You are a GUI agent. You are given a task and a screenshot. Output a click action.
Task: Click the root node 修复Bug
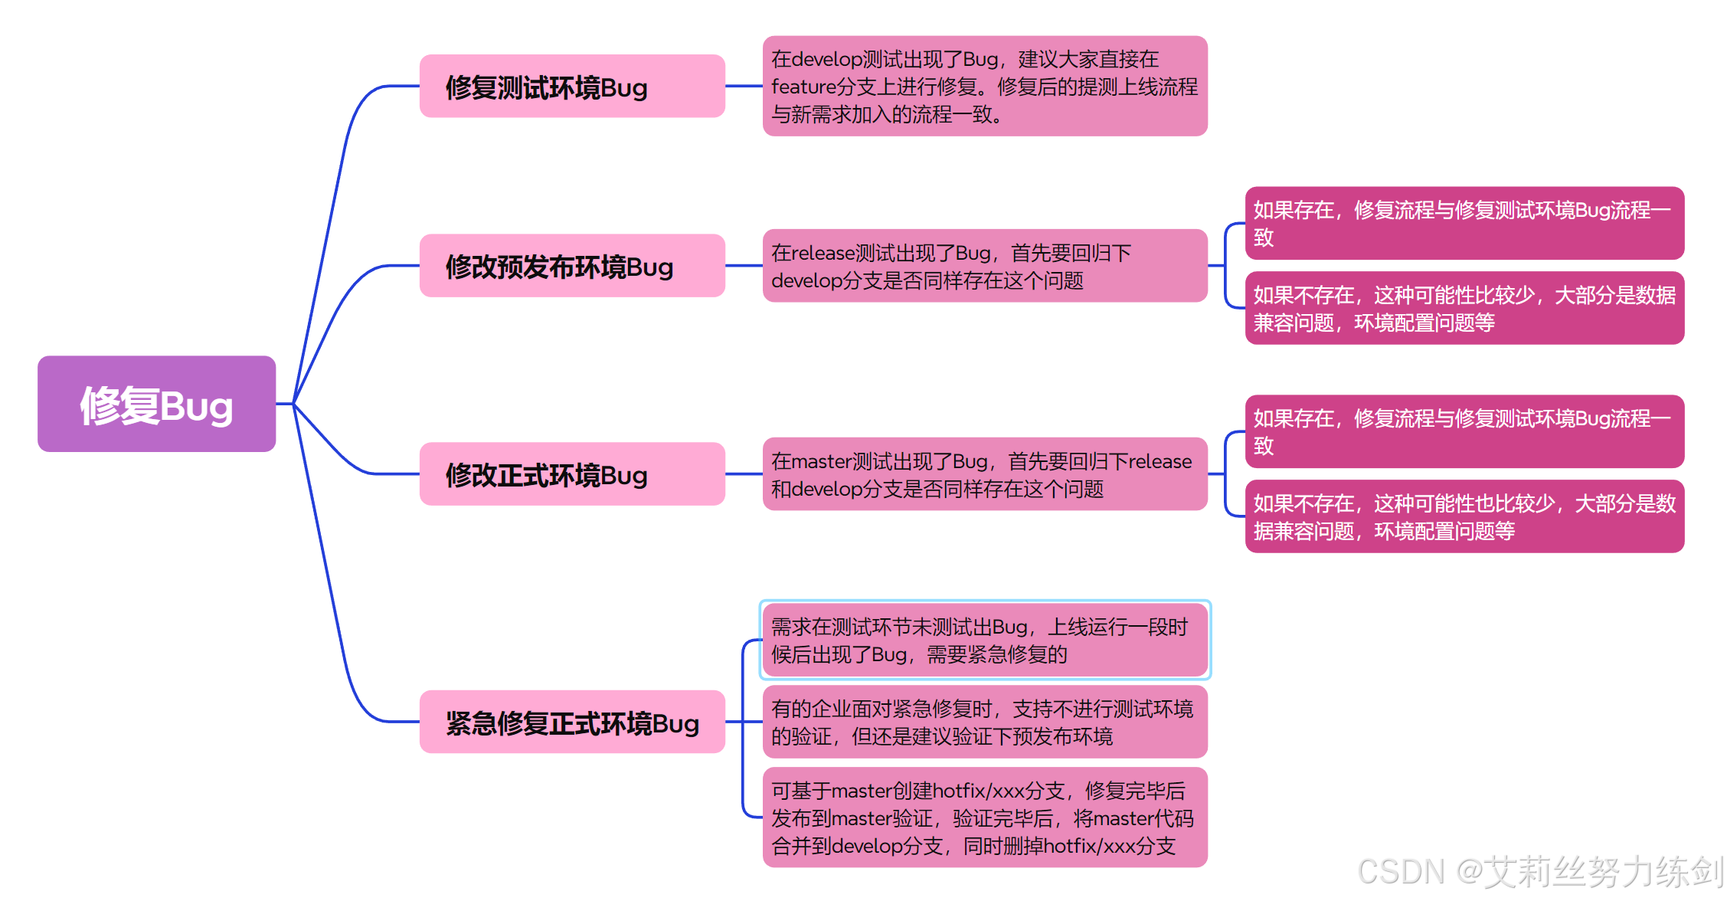tap(156, 404)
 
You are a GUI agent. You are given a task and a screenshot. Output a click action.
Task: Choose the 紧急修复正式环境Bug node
tap(571, 722)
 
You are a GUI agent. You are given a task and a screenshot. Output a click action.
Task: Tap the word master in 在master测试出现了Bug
tap(821, 462)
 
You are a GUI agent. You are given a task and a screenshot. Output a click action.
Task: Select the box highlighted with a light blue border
tap(985, 640)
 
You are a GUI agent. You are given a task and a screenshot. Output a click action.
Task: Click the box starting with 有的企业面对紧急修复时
tap(985, 722)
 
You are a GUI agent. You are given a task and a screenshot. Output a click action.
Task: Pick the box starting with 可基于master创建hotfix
tap(985, 817)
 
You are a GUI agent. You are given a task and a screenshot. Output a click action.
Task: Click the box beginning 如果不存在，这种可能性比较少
tap(1464, 308)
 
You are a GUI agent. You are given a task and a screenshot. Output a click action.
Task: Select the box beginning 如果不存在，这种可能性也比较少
tap(1464, 516)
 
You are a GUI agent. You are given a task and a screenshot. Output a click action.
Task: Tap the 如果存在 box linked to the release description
tap(1464, 223)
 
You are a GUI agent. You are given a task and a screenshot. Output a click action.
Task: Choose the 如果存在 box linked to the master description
tap(1464, 431)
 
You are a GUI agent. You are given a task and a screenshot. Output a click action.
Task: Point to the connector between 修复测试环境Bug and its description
tap(744, 86)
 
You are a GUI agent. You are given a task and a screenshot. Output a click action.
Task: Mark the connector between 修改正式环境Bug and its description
tap(744, 474)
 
